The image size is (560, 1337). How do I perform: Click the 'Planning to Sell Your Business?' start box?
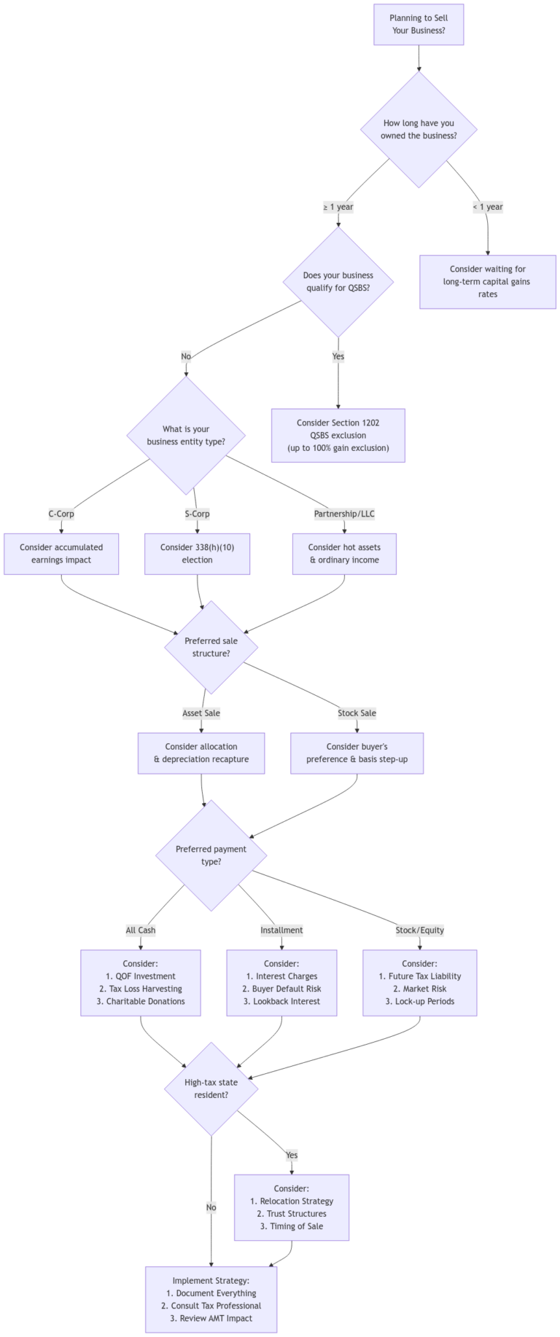pos(419,24)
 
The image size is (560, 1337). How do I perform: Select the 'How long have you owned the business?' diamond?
pos(419,129)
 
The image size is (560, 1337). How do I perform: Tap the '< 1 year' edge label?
pos(487,207)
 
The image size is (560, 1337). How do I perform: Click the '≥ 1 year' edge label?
pos(338,207)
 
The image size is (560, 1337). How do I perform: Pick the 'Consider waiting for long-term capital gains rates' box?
pos(487,281)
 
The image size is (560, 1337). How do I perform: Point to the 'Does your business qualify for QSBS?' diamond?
pos(338,281)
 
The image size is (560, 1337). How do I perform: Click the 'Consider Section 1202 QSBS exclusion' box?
pos(338,435)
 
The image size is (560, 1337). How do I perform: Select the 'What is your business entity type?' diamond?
pos(186,435)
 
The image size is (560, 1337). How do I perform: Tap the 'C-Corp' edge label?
pos(61,514)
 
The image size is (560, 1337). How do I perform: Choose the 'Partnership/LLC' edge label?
pos(344,514)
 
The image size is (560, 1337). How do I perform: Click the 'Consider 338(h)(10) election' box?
pos(197,554)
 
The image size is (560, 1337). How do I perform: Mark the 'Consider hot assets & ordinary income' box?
pos(344,554)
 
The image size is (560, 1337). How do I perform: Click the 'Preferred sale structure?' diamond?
pos(211,647)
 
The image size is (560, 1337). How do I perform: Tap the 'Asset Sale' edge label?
pos(201,713)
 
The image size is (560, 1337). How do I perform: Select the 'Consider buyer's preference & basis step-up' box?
pos(357,753)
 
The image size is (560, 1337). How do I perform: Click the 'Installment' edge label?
pos(281,930)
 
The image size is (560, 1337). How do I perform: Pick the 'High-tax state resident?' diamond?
pos(211,1089)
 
